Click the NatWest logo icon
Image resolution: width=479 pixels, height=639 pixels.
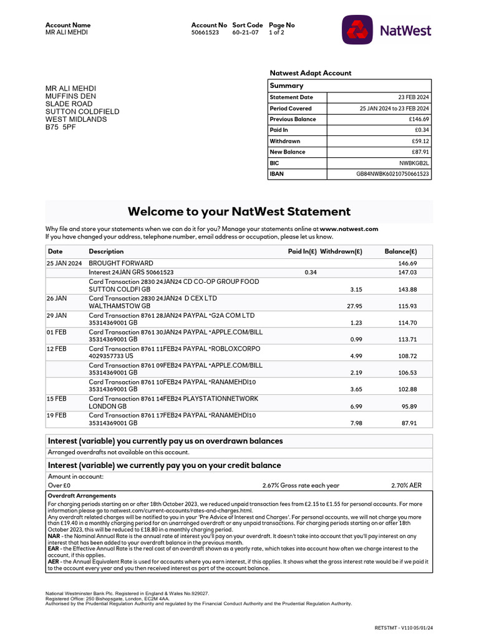coord(357,30)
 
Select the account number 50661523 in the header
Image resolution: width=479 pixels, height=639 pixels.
coord(205,32)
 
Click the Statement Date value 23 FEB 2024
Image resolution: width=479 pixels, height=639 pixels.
coord(414,97)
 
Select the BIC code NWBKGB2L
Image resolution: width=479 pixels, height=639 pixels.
coord(414,163)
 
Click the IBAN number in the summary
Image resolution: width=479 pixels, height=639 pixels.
coord(392,174)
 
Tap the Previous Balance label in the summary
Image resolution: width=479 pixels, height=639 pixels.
coord(293,119)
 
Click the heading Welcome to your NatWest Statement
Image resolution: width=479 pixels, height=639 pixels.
coord(239,212)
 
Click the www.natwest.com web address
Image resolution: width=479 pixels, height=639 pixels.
coord(349,229)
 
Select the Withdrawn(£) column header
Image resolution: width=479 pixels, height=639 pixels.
coord(341,251)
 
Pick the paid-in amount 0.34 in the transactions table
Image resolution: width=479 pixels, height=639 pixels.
coord(310,273)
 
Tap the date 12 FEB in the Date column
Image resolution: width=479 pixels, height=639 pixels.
coord(57,348)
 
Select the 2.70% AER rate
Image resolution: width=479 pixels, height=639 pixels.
coord(406,485)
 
